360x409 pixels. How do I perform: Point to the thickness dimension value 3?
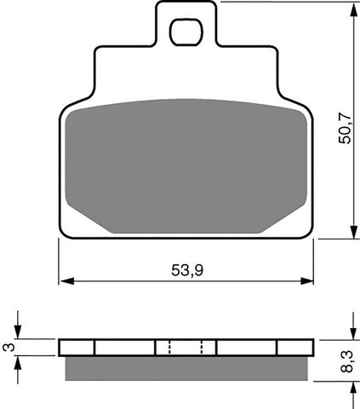pyautogui.click(x=8, y=347)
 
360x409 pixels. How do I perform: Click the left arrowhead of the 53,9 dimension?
pyautogui.click(x=64, y=279)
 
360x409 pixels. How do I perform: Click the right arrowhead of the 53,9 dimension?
pyautogui.click(x=308, y=279)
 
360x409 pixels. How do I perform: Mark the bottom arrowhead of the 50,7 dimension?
pyautogui.click(x=351, y=233)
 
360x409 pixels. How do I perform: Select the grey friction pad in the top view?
pyautogui.click(x=186, y=162)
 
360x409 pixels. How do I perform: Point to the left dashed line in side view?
pyautogui.click(x=169, y=348)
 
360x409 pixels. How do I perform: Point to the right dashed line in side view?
pyautogui.click(x=201, y=348)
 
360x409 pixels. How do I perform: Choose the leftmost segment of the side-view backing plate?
pyautogui.click(x=77, y=348)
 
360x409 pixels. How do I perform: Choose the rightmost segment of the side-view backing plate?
pyautogui.click(x=294, y=348)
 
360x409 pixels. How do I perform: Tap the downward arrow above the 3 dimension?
pyautogui.click(x=20, y=333)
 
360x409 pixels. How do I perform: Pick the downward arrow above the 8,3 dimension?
pyautogui.click(x=351, y=333)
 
